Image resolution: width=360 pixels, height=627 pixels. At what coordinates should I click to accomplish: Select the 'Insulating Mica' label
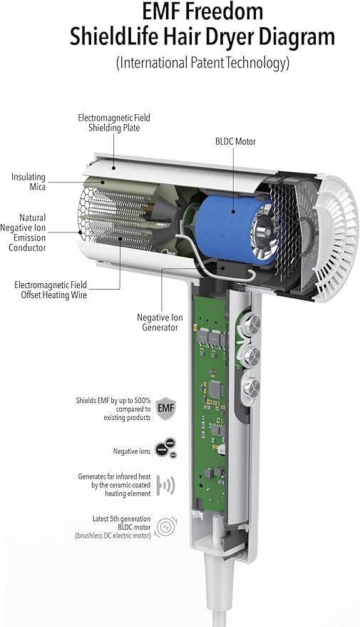click(x=29, y=182)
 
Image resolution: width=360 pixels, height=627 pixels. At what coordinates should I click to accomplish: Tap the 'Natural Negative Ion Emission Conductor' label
click(x=29, y=233)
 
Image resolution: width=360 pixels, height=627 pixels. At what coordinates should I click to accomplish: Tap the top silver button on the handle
click(x=252, y=322)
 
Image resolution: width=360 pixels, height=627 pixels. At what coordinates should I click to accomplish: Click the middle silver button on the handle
click(x=252, y=355)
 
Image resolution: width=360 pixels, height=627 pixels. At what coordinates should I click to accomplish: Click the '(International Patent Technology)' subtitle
click(x=202, y=63)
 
